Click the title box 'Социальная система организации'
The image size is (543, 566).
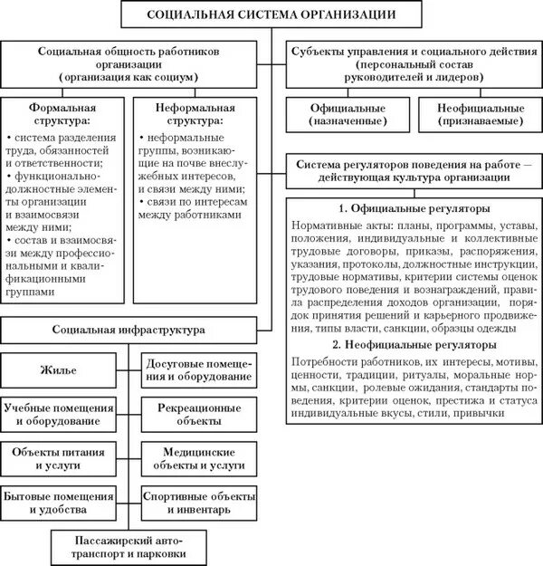click(271, 14)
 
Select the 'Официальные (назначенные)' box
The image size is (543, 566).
click(348, 114)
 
